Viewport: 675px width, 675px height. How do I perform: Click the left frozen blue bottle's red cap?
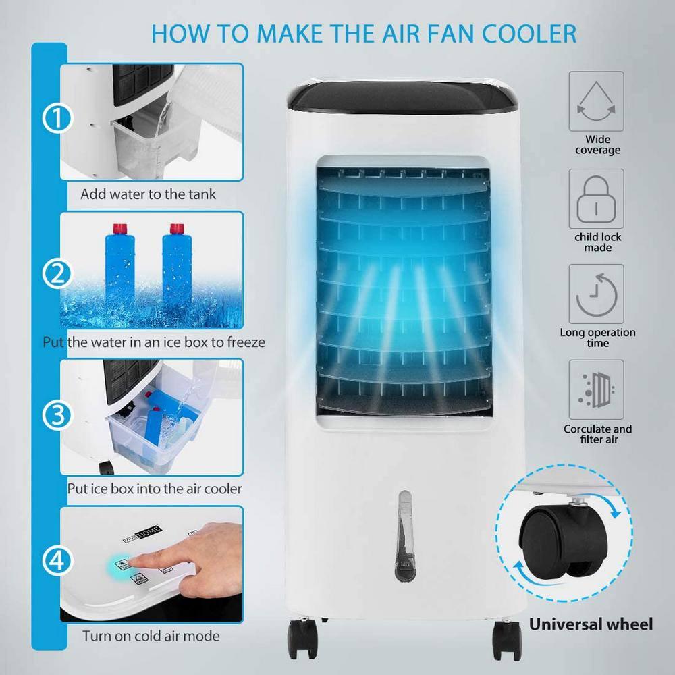[x=121, y=229]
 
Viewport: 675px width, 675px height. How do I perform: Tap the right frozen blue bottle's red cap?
[x=178, y=229]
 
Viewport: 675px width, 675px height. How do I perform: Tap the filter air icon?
[x=597, y=390]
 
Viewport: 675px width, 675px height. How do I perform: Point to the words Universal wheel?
[x=591, y=624]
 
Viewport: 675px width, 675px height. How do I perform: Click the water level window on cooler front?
[x=404, y=533]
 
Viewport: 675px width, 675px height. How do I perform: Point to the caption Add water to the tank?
[x=148, y=194]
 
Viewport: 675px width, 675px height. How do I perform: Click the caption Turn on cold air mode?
[x=151, y=636]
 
